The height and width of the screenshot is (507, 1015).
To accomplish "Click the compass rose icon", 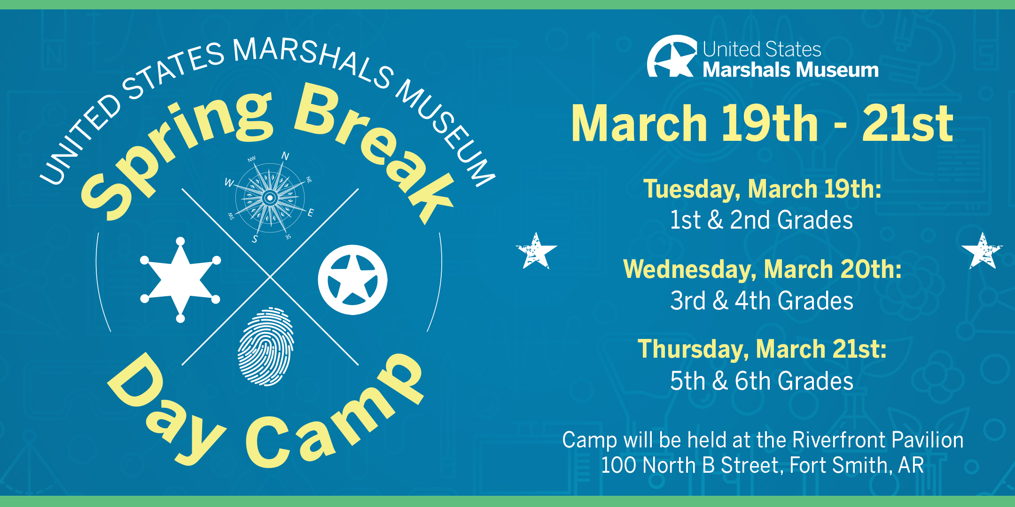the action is tap(270, 198).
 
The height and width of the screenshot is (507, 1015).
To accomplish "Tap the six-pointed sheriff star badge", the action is tap(180, 280).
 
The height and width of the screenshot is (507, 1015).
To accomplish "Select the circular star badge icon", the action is tap(352, 280).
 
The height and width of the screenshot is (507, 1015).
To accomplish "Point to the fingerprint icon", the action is tap(266, 346).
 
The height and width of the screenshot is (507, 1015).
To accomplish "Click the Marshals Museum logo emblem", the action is tap(672, 56).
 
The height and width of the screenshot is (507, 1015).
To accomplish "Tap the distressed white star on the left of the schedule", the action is tap(536, 251).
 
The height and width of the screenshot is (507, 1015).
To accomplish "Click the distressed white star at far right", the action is tap(982, 251).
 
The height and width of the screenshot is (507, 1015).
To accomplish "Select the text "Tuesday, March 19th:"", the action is tap(762, 189).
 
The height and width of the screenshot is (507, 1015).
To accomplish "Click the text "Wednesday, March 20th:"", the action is tap(762, 269).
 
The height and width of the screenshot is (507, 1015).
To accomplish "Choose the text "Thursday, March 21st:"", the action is tap(762, 349).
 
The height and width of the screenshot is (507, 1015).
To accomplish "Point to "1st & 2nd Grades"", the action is tap(761, 220).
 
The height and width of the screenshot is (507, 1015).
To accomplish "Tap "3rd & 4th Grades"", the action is tap(761, 300).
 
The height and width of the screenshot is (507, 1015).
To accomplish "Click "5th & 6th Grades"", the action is tap(761, 381).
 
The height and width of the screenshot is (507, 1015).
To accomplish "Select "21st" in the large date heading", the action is tap(907, 123).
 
